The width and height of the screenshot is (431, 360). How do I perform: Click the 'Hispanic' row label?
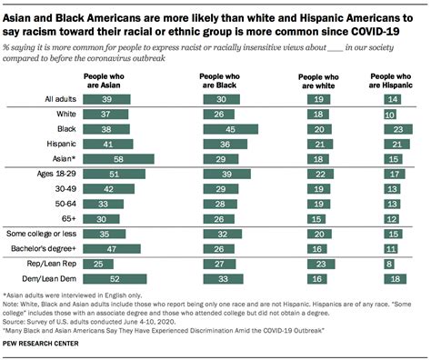pos(59,144)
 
